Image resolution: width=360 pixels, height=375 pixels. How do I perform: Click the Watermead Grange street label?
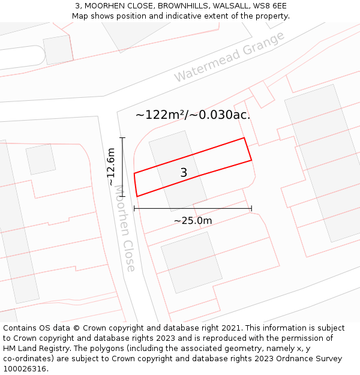229,57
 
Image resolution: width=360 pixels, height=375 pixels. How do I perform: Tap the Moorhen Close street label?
125,229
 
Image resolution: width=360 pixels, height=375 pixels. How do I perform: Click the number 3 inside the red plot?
184,173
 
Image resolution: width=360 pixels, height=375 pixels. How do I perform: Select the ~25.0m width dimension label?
193,221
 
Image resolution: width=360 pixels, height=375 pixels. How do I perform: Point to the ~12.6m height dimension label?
111,166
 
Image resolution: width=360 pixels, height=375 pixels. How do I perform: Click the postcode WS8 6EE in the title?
269,6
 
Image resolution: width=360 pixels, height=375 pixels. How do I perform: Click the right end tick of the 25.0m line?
251,209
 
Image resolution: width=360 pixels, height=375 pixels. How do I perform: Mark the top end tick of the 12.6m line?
122,138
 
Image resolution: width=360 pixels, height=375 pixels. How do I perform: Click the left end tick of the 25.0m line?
134,209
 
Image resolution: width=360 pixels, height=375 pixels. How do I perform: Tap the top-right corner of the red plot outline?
244,138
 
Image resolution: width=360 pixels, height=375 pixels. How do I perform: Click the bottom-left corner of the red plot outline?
137,196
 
